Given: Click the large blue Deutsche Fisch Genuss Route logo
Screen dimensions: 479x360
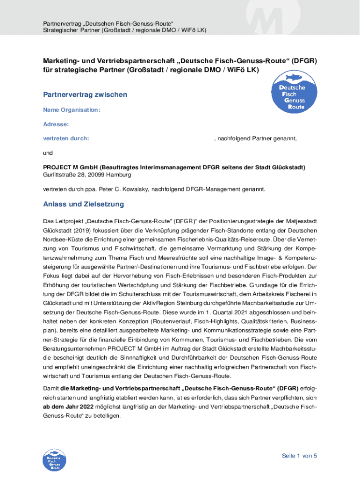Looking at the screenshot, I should [291, 93].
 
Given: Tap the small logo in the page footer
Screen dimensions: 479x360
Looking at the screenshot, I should [54, 460].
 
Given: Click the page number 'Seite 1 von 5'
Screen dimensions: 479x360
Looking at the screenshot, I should [299, 456].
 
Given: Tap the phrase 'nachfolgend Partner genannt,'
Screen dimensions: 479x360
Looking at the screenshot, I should [256, 138].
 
